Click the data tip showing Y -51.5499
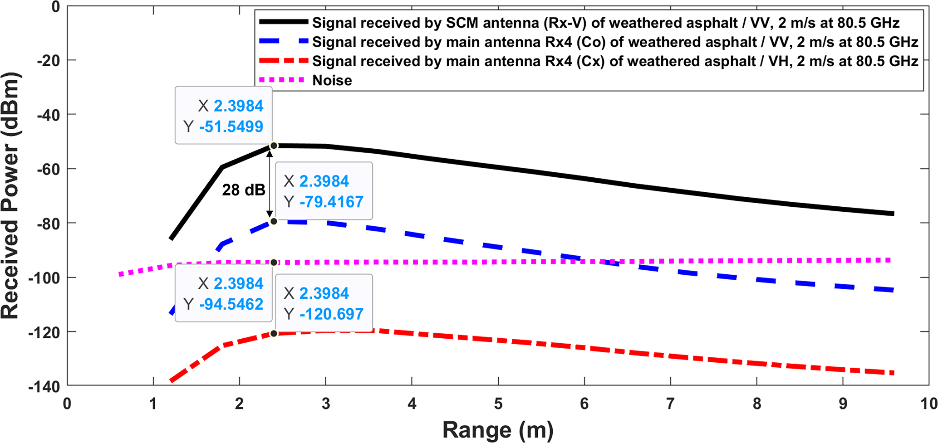[x=224, y=116]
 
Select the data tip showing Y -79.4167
[x=324, y=191]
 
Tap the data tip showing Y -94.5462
[x=224, y=294]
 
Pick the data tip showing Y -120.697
[x=324, y=303]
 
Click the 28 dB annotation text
[x=243, y=190]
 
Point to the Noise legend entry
[x=332, y=80]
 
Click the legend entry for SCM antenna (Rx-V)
[x=605, y=23]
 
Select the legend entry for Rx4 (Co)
[x=615, y=42]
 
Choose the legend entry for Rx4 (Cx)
[x=615, y=61]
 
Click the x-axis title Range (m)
[x=498, y=430]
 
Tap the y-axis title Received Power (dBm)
[x=10, y=196]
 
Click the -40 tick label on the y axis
[x=48, y=115]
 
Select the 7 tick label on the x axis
[x=670, y=404]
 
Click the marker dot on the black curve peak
[x=274, y=146]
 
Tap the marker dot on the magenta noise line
[x=274, y=263]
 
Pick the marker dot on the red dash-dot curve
[x=274, y=334]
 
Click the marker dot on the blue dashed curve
[x=274, y=221]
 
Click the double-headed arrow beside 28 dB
[x=270, y=184]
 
